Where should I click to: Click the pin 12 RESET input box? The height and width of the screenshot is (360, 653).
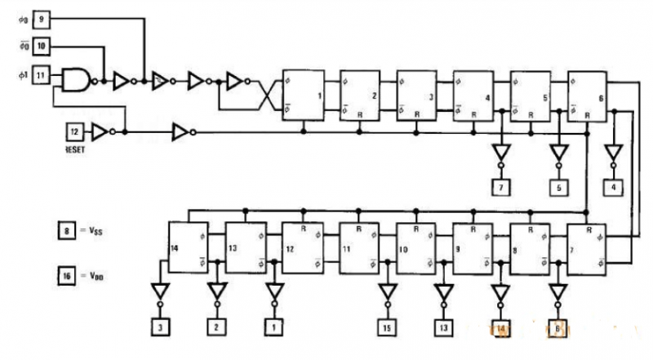pos(74,131)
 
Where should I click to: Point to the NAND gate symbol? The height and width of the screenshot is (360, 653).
pos(78,79)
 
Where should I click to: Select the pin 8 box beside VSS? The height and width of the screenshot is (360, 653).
pos(71,231)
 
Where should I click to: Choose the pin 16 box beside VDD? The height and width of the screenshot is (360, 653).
pos(71,275)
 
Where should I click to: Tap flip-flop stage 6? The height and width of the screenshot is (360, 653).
pos(588,96)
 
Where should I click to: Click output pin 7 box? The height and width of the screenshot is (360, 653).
pos(500,189)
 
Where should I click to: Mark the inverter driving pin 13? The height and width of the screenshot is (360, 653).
pos(444,292)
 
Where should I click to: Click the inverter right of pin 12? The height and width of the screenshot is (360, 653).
pos(100,131)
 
